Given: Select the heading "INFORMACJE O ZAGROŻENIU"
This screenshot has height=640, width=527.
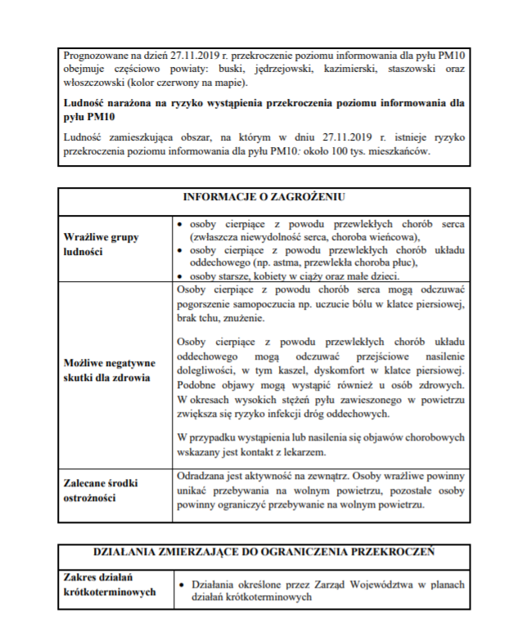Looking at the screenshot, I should click(x=263, y=197).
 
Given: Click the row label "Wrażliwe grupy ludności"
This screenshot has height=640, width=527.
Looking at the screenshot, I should click(x=101, y=244).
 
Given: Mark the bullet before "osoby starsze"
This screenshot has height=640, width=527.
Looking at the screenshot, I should click(x=182, y=276).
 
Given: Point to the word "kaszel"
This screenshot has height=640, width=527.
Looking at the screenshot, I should click(x=289, y=369).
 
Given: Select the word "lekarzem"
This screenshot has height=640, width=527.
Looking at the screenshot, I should click(x=302, y=451).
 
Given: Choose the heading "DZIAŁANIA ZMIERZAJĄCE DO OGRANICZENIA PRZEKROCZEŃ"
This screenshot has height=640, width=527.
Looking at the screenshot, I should click(x=263, y=552).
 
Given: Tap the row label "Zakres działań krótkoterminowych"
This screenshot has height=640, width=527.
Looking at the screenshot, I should click(x=109, y=584).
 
